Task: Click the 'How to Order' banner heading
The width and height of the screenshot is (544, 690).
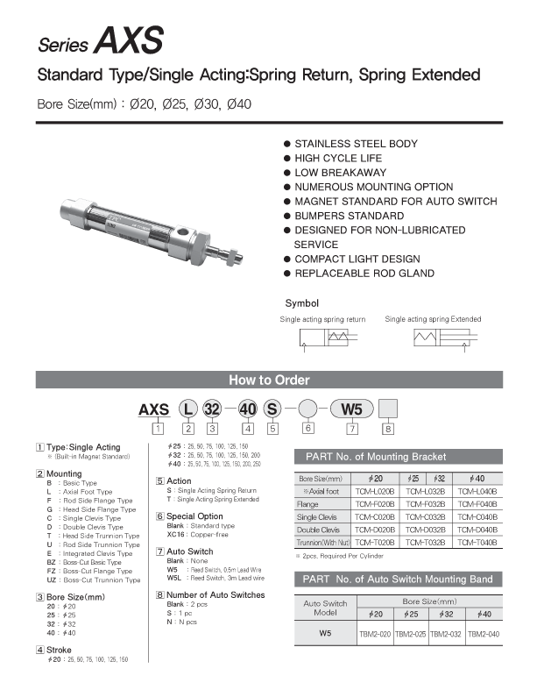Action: (269, 381)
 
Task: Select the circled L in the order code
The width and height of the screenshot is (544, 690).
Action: (187, 409)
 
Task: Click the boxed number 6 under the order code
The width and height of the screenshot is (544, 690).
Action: (308, 429)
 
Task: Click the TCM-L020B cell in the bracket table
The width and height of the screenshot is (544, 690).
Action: (375, 492)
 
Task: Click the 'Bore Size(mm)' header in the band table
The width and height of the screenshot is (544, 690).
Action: (429, 602)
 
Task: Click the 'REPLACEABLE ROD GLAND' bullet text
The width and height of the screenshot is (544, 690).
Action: (364, 274)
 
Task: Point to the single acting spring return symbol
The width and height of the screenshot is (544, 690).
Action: (323, 339)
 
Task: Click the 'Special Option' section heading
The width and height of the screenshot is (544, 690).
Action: (194, 516)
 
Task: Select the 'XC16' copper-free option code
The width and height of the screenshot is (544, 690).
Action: (176, 534)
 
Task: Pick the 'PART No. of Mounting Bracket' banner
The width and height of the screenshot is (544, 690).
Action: (375, 457)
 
